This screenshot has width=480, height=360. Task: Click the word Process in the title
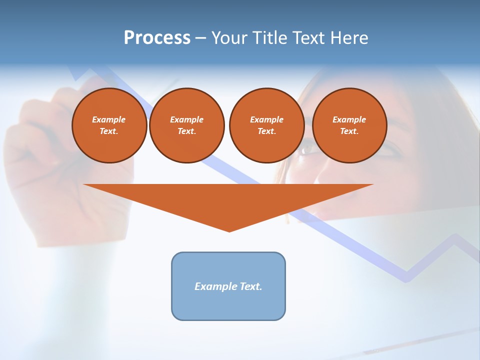click(x=157, y=38)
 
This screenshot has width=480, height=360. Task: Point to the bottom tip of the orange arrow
click(x=229, y=231)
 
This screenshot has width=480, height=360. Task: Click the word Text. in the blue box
click(x=251, y=286)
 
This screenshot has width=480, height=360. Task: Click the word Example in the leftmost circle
click(x=109, y=119)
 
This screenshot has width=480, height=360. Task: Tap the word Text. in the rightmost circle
click(x=349, y=131)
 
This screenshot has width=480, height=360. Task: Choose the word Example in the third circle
click(x=266, y=119)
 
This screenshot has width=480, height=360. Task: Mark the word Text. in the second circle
click(x=186, y=131)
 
